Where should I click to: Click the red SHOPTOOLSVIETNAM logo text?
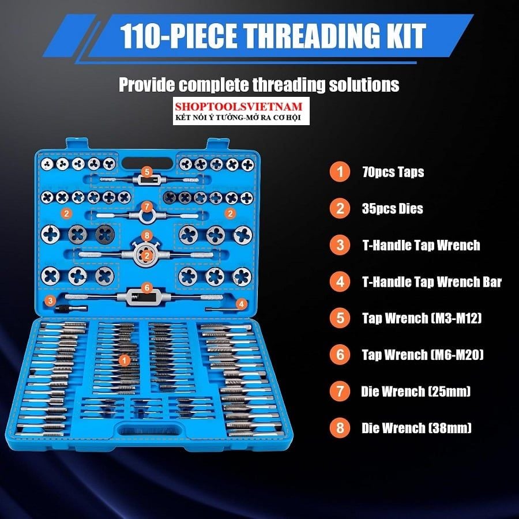pyautogui.click(x=239, y=106)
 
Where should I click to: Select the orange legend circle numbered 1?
pyautogui.click(x=340, y=171)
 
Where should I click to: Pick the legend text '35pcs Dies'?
pyautogui.click(x=392, y=209)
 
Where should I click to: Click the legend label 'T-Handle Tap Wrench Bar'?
pyautogui.click(x=432, y=282)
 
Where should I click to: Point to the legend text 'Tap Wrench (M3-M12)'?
pyautogui.click(x=422, y=318)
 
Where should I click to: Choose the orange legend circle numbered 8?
pyautogui.click(x=340, y=428)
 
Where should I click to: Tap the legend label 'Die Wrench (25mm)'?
pyautogui.click(x=416, y=392)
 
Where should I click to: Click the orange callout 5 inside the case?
pyautogui.click(x=146, y=172)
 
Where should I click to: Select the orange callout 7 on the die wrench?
pyautogui.click(x=146, y=207)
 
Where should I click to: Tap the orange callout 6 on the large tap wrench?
pyautogui.click(x=147, y=288)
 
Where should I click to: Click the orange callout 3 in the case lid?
pyautogui.click(x=50, y=300)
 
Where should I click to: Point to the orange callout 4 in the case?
pyautogui.click(x=242, y=304)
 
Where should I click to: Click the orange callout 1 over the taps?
pyautogui.click(x=124, y=360)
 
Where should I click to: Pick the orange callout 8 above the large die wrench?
pyautogui.click(x=146, y=236)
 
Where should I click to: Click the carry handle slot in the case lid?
pyautogui.click(x=147, y=163)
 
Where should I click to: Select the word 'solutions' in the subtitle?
pyautogui.click(x=364, y=85)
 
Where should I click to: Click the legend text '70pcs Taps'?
pyautogui.click(x=393, y=172)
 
